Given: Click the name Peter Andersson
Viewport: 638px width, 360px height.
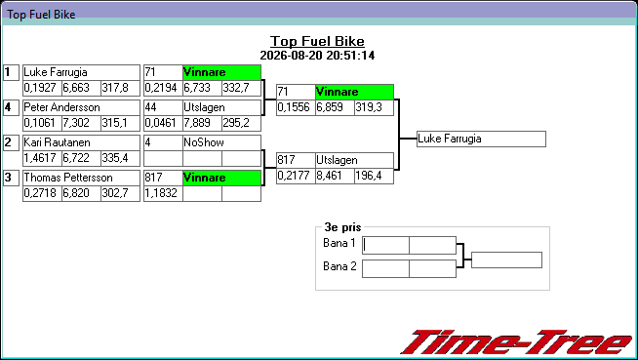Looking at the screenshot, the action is pos(61,107).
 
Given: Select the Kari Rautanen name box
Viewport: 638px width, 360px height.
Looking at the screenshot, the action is pos(81,142).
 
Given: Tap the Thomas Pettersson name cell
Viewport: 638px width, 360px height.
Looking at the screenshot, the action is pos(81,178).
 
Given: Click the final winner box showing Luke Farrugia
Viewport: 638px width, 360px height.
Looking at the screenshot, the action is pos(481,139).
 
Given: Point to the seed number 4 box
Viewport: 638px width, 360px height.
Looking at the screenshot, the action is pos(11,107).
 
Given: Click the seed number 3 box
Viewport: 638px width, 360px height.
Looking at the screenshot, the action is pos(11,178).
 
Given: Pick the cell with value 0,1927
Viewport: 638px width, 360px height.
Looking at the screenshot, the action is pos(42,88).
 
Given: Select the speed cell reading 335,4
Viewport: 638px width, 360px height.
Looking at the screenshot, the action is pos(120,158).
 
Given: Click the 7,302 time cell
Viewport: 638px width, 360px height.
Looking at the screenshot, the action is pos(81,123).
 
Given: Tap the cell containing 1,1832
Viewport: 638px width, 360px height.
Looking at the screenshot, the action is pos(163,193).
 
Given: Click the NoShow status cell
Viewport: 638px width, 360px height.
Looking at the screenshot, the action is pos(221,142).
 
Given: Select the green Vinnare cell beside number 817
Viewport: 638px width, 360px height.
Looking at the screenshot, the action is pos(221,178).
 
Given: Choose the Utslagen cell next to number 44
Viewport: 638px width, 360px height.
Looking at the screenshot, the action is pos(221,107).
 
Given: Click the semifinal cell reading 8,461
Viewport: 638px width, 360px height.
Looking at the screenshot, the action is pos(335,176).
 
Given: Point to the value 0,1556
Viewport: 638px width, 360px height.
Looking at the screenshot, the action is pos(294,107).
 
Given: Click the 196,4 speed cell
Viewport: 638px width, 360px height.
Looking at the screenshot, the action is pos(374,176).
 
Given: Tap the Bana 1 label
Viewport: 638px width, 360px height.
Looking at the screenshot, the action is pos(339,243).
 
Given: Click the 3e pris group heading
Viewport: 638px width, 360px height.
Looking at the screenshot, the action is pos(342,227).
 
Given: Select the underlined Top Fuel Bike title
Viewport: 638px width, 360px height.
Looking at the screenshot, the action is pos(317,41).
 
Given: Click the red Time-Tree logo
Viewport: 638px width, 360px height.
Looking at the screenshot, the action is pos(516,342).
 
